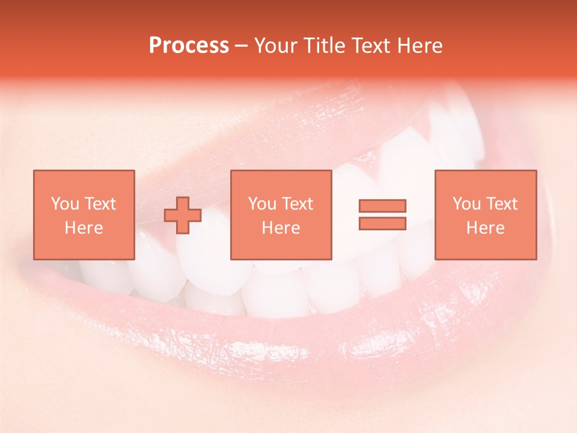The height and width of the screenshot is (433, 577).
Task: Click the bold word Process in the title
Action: pos(189,46)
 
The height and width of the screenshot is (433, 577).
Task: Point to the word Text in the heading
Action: pos(373,46)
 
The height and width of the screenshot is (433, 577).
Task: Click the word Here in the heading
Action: pos(420,46)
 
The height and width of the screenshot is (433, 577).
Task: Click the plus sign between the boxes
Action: pos(183,215)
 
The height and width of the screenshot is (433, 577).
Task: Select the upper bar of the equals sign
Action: pos(382,206)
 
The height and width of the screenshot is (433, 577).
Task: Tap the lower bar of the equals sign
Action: pos(382,223)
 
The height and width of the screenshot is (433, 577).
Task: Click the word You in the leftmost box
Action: pos(64,204)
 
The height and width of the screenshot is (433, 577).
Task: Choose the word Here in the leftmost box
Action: pos(84,228)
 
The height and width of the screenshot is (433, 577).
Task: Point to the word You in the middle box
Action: pos(261,204)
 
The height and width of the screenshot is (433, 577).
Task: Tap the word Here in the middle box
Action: pos(281,228)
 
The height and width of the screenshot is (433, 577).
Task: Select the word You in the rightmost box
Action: pos(466,204)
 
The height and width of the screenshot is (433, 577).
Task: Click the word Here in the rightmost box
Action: pos(485,228)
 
